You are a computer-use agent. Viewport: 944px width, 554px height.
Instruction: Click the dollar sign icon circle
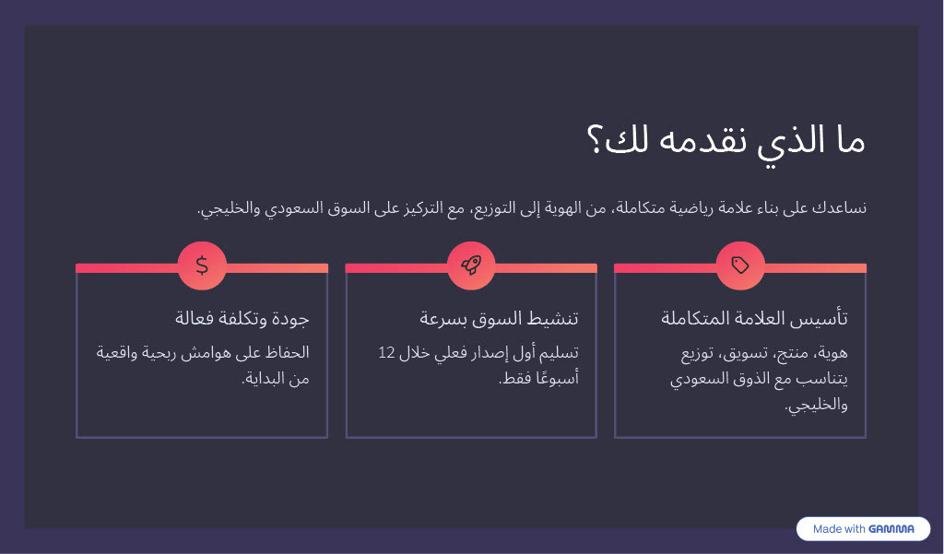pyautogui.click(x=202, y=265)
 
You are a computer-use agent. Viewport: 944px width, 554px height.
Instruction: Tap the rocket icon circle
pyautogui.click(x=471, y=265)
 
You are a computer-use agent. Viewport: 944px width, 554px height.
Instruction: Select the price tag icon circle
pyautogui.click(x=740, y=265)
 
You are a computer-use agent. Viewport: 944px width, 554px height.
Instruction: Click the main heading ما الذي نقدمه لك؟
pyautogui.click(x=726, y=142)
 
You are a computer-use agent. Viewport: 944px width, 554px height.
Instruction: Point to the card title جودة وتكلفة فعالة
pyautogui.click(x=242, y=318)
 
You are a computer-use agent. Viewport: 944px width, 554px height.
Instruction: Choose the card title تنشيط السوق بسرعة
pyautogui.click(x=499, y=318)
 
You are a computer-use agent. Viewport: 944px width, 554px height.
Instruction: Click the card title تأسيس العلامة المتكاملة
pyautogui.click(x=754, y=318)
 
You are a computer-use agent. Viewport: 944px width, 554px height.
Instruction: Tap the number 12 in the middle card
pyautogui.click(x=386, y=352)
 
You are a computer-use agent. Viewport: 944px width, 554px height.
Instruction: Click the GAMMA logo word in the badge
pyautogui.click(x=891, y=529)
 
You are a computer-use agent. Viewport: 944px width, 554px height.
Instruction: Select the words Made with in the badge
pyautogui.click(x=839, y=529)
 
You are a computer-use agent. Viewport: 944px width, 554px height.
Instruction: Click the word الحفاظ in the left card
pyautogui.click(x=288, y=352)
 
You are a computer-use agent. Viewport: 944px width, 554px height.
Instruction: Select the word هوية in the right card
pyautogui.click(x=832, y=353)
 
